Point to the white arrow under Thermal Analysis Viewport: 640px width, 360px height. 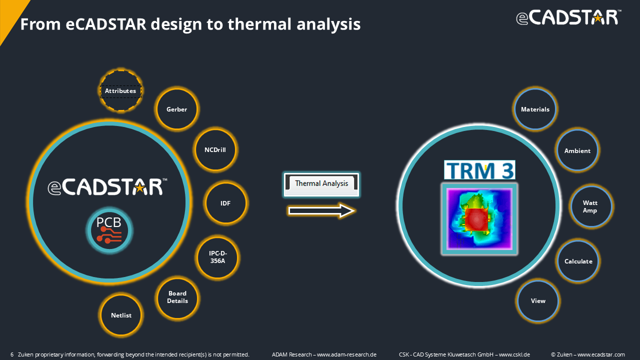click(x=321, y=211)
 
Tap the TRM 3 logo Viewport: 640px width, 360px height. click(x=479, y=170)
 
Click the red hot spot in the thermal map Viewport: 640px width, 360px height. click(x=476, y=219)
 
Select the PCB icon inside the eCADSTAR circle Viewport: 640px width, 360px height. click(x=109, y=230)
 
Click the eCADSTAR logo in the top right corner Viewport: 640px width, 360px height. click(x=568, y=17)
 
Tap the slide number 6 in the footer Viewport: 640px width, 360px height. click(x=12, y=354)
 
